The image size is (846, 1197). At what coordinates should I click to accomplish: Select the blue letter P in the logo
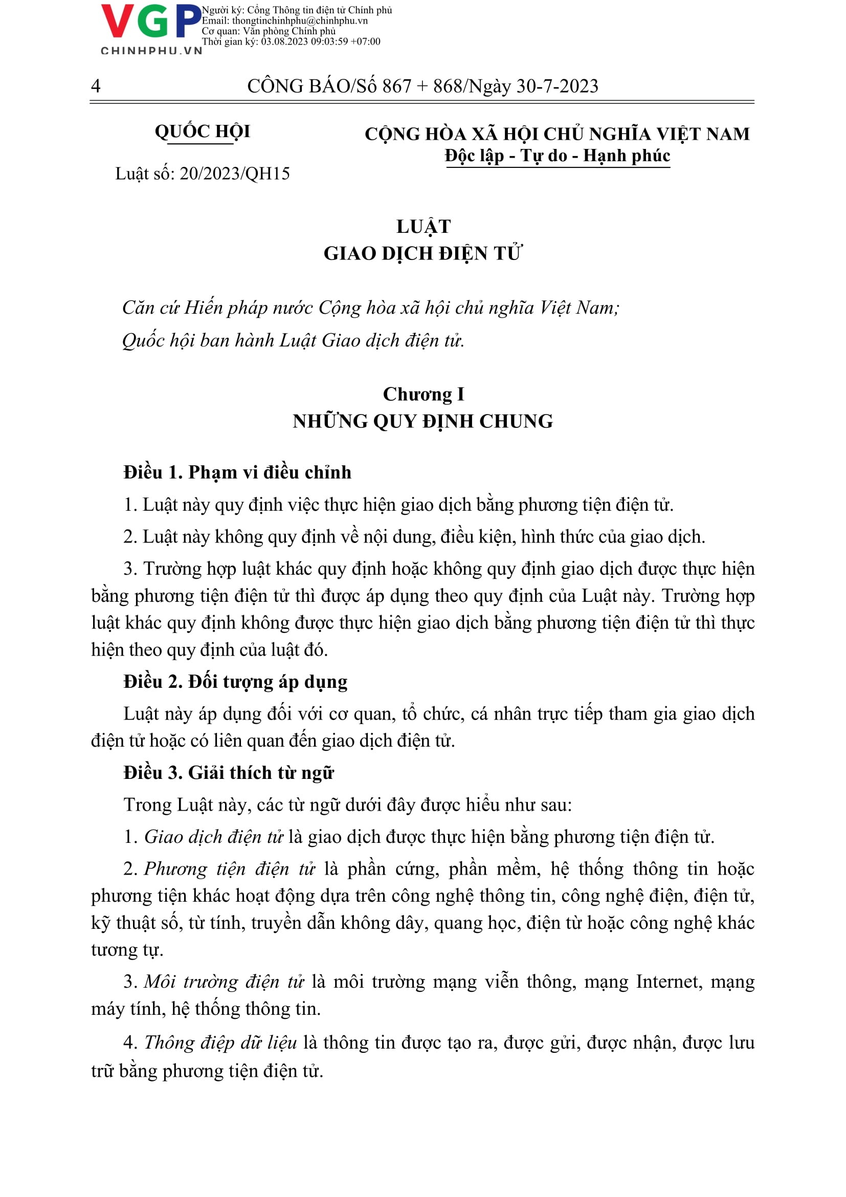click(x=188, y=22)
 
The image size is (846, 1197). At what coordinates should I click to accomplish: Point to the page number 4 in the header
click(x=95, y=85)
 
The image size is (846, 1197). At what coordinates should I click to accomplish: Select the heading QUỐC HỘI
click(x=202, y=132)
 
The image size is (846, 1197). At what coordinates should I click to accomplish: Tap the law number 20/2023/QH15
click(x=234, y=173)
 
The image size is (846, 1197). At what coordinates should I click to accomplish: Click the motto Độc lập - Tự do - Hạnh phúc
click(x=557, y=156)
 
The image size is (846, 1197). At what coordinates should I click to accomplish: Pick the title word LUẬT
click(x=423, y=227)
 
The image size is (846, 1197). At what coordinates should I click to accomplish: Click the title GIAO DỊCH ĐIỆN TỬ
click(x=422, y=254)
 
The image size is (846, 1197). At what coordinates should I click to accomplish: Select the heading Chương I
click(x=423, y=395)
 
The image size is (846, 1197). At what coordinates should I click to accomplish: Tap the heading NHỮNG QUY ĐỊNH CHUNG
click(x=422, y=421)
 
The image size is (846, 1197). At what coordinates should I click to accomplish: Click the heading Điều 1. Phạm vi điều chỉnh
click(x=237, y=472)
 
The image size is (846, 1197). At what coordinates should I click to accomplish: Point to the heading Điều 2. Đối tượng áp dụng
click(x=235, y=682)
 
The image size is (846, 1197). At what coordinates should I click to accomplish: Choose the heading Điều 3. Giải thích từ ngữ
click(x=228, y=773)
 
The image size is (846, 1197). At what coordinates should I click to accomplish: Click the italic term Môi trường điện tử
click(x=224, y=982)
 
